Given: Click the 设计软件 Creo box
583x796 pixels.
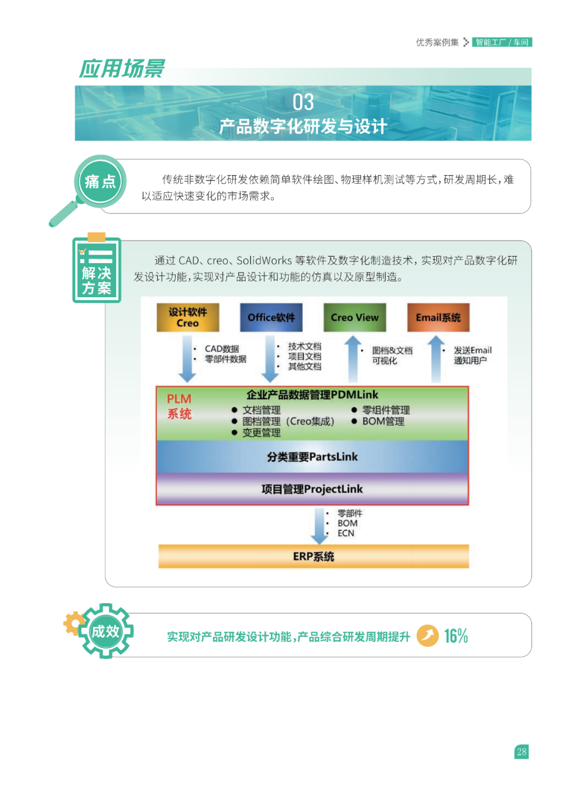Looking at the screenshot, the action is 188,317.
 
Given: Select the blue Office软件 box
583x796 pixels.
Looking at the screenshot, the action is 271,317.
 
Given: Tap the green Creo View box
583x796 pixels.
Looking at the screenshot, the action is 355,317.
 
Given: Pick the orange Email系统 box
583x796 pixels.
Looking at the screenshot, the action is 438,317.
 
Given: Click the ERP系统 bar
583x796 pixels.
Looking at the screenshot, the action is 313,556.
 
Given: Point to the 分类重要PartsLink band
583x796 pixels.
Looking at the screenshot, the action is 312,457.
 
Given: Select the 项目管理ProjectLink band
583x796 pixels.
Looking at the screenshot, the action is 312,489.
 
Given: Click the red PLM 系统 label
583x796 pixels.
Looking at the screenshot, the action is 179,406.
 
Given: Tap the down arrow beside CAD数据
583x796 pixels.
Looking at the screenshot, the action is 187,358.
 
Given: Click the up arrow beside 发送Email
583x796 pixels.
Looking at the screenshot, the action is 436,358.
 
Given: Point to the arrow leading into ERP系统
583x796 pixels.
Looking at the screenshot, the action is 320,525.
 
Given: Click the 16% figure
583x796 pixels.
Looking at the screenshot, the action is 456,636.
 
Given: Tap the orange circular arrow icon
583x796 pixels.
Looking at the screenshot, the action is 428,636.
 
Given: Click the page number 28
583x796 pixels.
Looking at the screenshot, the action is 521,752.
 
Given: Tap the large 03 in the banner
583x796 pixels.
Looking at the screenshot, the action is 303,102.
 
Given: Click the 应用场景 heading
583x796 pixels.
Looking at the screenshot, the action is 122,69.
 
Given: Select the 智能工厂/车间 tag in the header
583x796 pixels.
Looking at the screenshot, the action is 502,42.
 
